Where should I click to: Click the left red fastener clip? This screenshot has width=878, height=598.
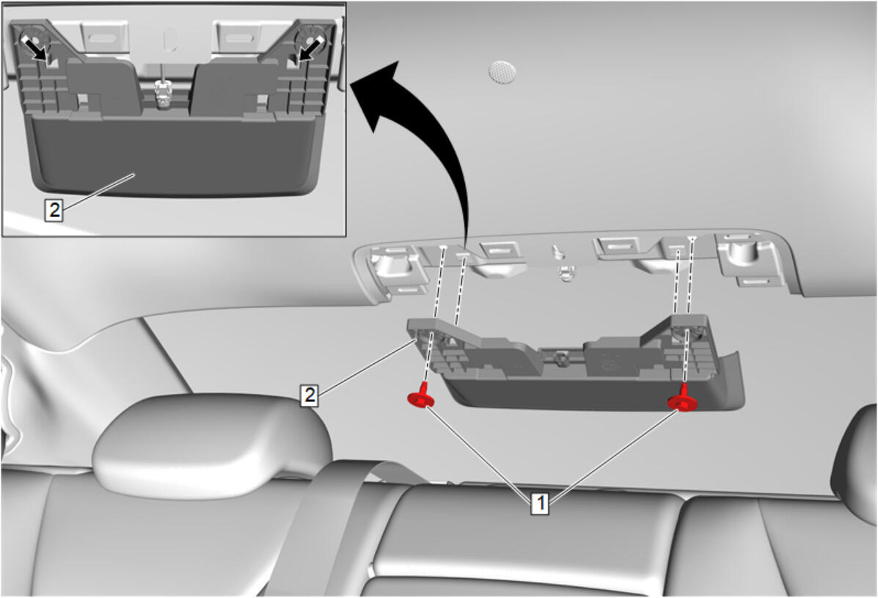click(420, 396)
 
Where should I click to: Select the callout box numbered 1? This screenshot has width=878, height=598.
click(540, 503)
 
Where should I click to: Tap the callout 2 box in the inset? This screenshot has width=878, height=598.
click(54, 211)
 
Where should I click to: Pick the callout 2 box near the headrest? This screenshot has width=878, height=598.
click(309, 395)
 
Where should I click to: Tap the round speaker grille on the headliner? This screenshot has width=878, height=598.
click(502, 72)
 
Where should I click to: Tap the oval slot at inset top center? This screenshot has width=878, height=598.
click(169, 39)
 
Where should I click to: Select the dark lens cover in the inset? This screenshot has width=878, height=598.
click(175, 154)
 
